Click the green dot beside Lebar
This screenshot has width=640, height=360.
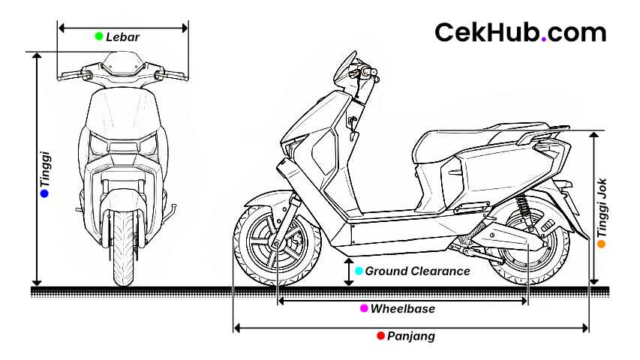pos(99,36)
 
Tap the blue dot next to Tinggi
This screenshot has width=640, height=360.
pos(44,193)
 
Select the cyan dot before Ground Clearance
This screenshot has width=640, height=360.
pos(359,271)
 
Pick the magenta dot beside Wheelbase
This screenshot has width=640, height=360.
pos(364,308)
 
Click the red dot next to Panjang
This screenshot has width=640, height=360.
pos(380,335)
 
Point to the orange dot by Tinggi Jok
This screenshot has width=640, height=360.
pos(601,244)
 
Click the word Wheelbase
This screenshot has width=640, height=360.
pos(402,308)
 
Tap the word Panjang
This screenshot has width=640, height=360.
pos(411,336)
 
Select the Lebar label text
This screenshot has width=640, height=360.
pos(122,37)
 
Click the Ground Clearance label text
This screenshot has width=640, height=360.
pos(417,271)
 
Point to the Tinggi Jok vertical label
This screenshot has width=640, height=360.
pos(602,208)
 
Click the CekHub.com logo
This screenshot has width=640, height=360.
pos(521,32)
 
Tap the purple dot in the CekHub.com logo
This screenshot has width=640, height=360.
pos(544,39)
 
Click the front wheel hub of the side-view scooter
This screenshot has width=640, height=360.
pos(276,244)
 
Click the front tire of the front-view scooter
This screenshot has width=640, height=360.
pos(123,249)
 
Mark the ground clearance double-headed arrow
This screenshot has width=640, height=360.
pos(349,271)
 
